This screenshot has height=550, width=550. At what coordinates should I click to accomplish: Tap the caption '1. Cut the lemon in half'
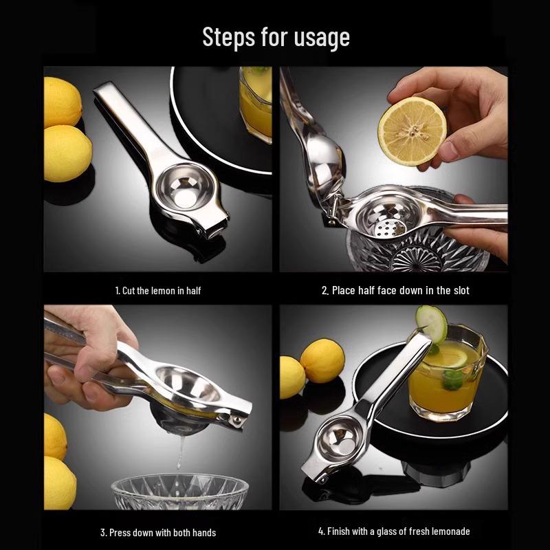click(157, 291)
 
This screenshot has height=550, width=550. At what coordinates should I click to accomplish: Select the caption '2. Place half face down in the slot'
click(395, 291)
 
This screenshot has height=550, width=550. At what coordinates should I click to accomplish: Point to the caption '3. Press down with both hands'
click(157, 532)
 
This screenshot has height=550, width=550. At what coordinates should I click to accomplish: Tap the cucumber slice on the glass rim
click(431, 324)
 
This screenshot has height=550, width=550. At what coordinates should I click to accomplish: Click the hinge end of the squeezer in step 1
click(210, 226)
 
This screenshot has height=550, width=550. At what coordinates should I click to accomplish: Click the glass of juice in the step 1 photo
click(255, 103)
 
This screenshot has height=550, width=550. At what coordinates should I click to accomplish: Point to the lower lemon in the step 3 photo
click(58, 481)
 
